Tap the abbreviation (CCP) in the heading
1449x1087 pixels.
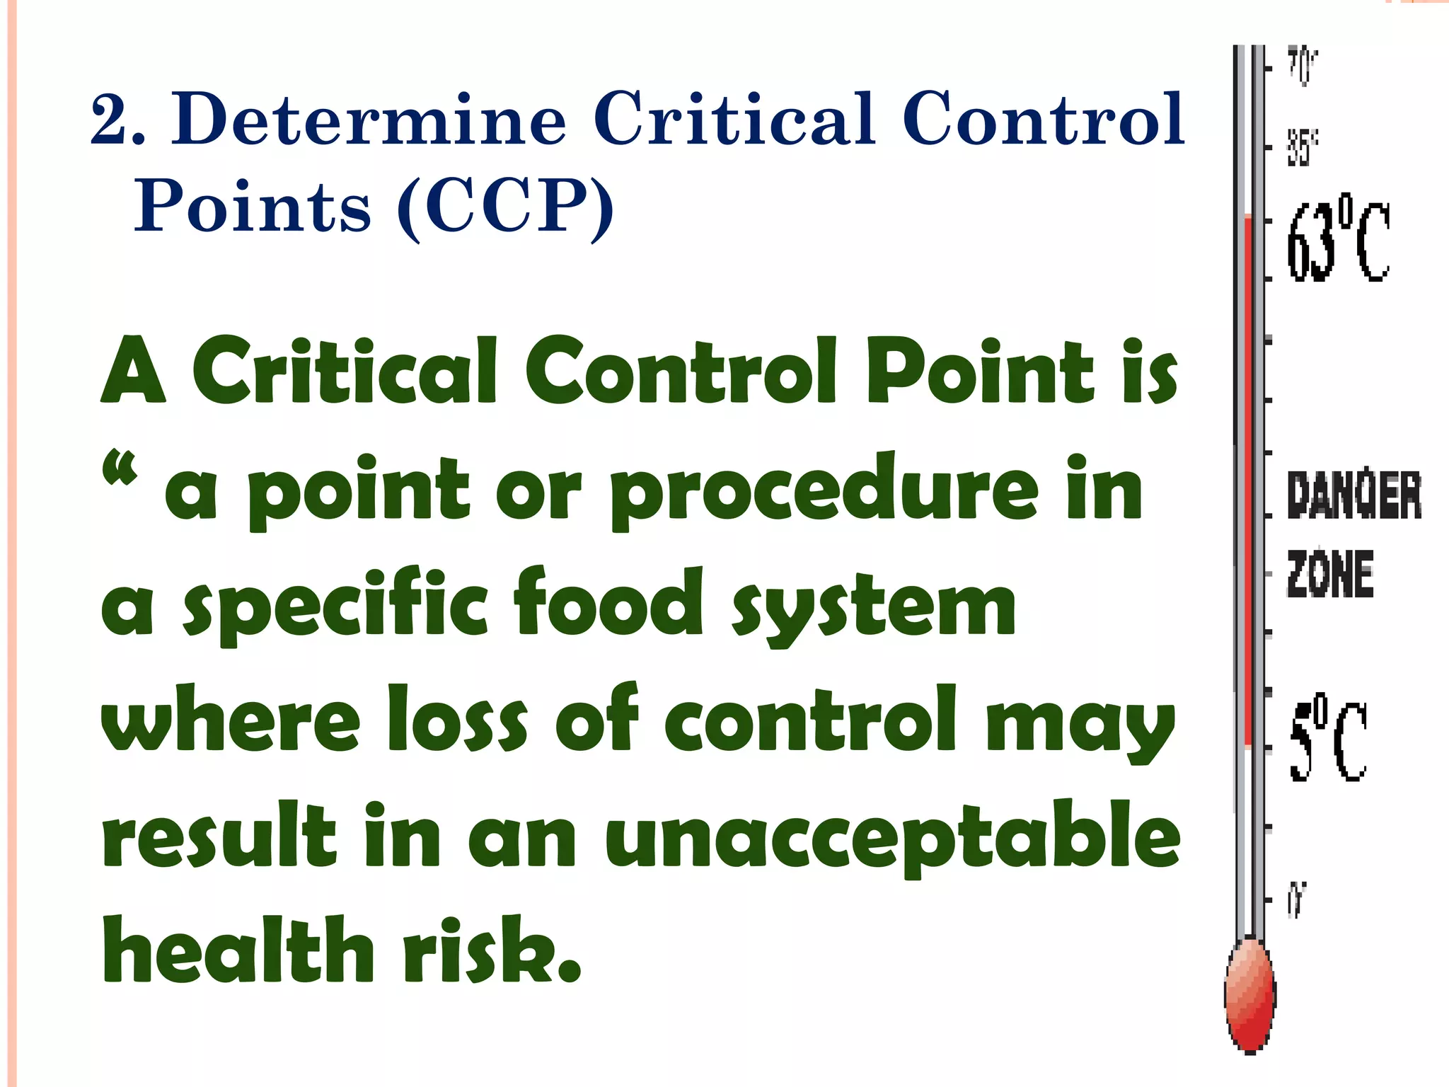pyautogui.click(x=505, y=207)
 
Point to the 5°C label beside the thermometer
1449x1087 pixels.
pyautogui.click(x=1328, y=742)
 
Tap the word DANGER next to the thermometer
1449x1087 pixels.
pyautogui.click(x=1353, y=496)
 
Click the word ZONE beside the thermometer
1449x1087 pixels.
pyautogui.click(x=1329, y=574)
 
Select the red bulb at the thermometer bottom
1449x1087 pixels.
pyautogui.click(x=1249, y=994)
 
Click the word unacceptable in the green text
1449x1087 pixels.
pyautogui.click(x=892, y=839)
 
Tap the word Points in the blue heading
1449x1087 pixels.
pyautogui.click(x=253, y=207)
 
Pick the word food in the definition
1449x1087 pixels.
pyautogui.click(x=609, y=602)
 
